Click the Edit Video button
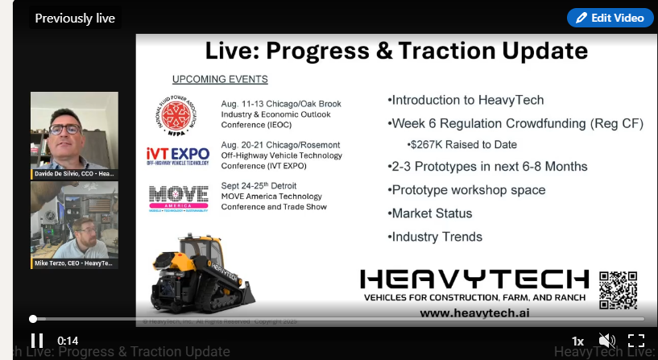(x=610, y=18)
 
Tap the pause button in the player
(x=37, y=341)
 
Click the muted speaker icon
(x=606, y=341)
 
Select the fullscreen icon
(x=636, y=341)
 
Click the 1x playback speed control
(x=577, y=341)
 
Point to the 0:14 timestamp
(x=68, y=341)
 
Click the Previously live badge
(x=75, y=18)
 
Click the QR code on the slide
(x=618, y=290)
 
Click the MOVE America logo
(x=176, y=197)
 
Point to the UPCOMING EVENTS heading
(x=220, y=79)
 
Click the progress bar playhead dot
(x=33, y=319)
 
